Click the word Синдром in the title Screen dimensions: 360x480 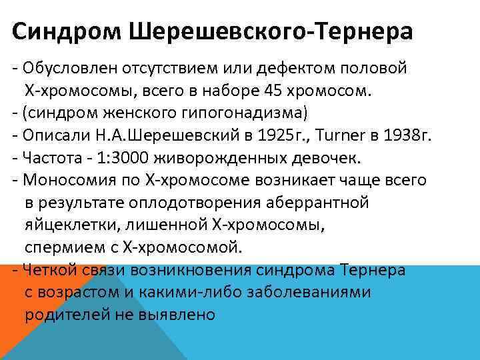point(54,31)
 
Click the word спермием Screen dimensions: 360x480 point(59,247)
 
